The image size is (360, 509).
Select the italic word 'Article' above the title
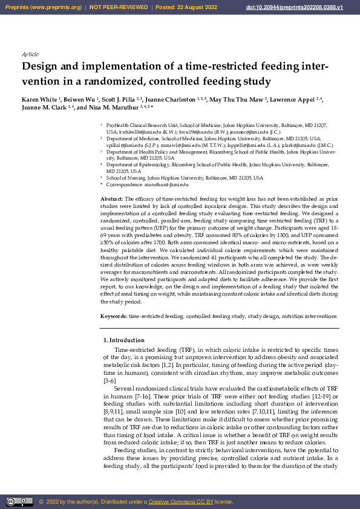pos(30,54)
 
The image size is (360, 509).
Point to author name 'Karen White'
pos(39,99)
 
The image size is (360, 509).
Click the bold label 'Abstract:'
pos(111,198)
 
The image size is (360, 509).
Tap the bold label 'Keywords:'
pos(113,316)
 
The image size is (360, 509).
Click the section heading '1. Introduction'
pos(123,340)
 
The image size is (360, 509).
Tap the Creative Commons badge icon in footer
pos(19,501)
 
